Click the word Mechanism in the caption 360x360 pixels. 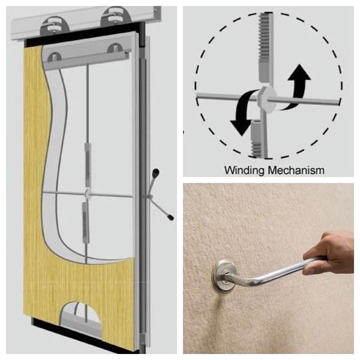(x=296, y=170)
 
